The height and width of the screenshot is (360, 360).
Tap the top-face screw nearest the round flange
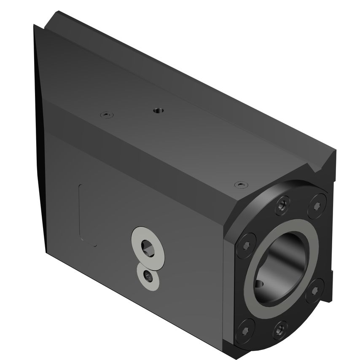(x=241, y=185)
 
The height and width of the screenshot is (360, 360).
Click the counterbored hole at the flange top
(x=282, y=205)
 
